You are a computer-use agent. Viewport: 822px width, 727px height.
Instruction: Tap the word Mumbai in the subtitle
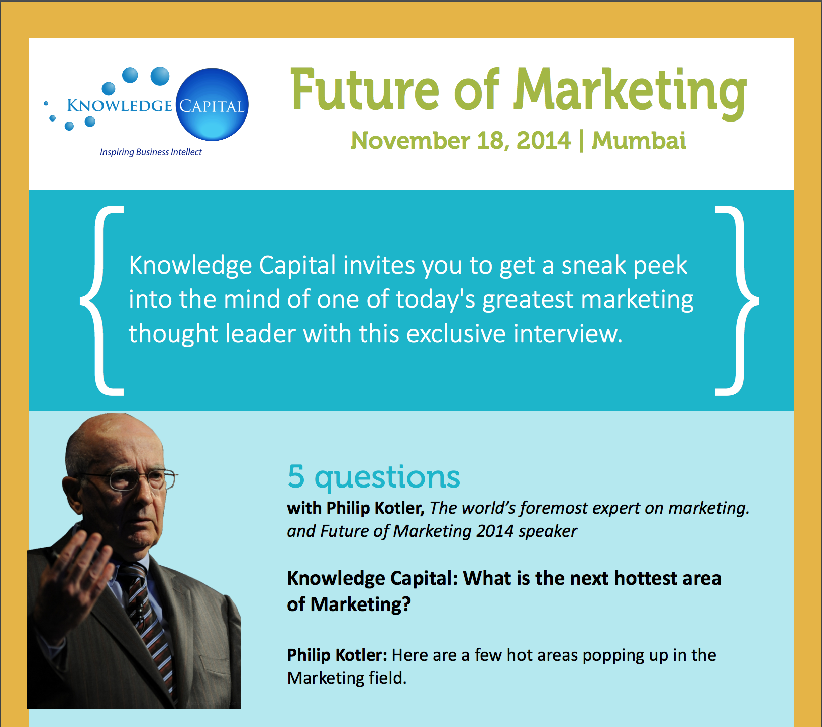639,140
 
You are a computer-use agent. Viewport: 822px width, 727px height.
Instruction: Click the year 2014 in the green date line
544,140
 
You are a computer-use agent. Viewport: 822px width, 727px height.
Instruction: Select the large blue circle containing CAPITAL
212,104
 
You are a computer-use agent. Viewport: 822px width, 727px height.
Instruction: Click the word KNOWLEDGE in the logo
120,106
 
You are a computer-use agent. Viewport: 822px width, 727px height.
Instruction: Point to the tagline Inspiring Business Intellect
151,152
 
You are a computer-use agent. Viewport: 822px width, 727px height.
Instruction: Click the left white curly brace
101,300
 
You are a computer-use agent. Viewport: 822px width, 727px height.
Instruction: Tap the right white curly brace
737,300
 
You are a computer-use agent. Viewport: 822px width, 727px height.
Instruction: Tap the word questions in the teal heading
387,478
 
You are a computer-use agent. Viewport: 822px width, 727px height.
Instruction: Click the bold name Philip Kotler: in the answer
337,655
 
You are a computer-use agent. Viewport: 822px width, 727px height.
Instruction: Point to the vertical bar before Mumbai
581,141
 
